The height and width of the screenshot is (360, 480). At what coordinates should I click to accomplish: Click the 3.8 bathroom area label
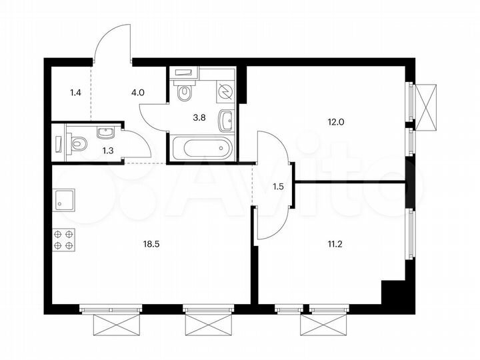pos(199,118)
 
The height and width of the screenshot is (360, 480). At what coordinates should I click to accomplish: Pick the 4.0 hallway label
pos(138,93)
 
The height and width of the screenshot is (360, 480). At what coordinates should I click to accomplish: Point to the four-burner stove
pos(63,239)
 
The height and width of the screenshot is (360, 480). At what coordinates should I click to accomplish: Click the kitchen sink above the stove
pos(64,199)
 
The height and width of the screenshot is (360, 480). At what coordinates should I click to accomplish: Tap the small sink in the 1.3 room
pos(106,133)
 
